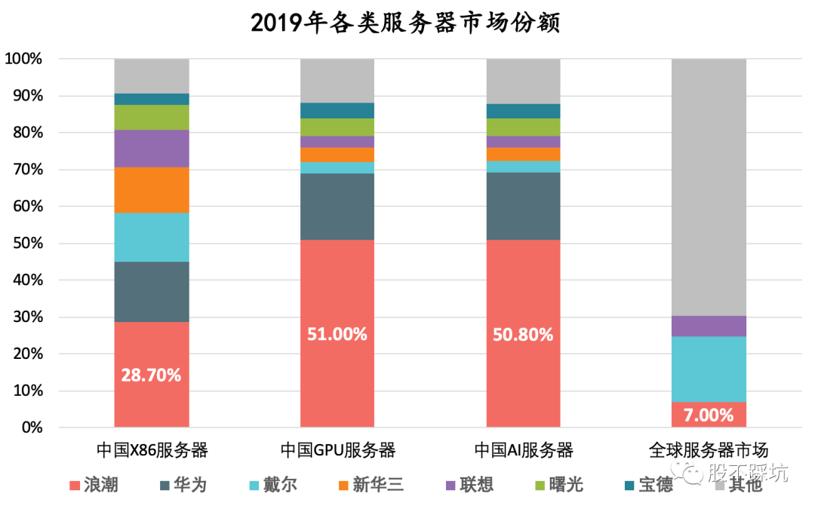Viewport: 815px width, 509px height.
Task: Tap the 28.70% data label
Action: click(x=151, y=375)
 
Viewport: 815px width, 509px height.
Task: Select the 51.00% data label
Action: click(x=337, y=334)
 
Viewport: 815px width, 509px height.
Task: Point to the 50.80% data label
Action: click(x=523, y=334)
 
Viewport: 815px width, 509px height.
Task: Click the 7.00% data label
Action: click(x=709, y=415)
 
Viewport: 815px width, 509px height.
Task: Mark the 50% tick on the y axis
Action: click(x=26, y=244)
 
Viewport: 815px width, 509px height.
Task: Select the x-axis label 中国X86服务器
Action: click(x=152, y=451)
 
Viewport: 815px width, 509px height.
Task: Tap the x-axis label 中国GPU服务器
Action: click(x=337, y=451)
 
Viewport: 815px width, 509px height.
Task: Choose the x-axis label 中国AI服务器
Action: click(x=523, y=451)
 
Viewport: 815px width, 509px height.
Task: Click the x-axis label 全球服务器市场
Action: click(x=709, y=451)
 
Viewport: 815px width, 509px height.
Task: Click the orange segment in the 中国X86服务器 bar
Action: click(x=151, y=189)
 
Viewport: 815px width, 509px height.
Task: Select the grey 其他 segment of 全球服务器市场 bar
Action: click(x=709, y=187)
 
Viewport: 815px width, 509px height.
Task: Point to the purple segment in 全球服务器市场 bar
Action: click(x=709, y=326)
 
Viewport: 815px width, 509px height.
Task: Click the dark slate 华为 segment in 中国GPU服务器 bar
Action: click(x=337, y=207)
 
